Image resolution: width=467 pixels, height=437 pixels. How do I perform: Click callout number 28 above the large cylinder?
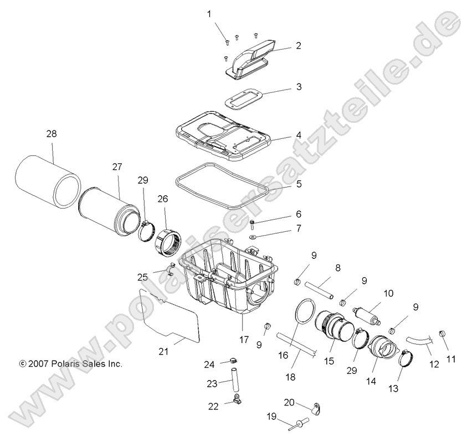(x=52, y=134)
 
